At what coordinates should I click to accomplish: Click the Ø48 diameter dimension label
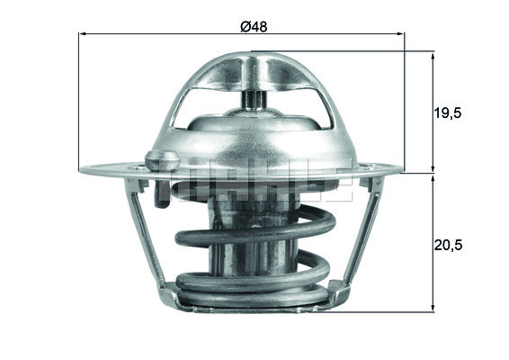tap(253, 26)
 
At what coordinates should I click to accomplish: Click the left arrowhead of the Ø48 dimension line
tap(85, 35)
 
